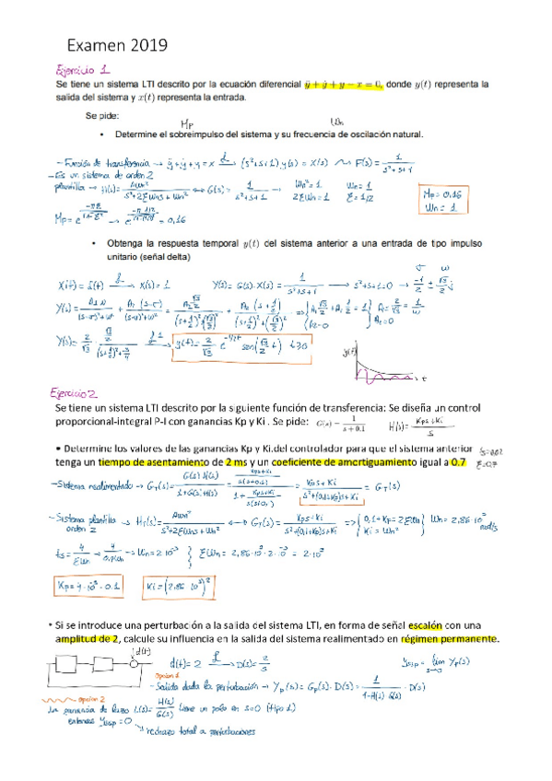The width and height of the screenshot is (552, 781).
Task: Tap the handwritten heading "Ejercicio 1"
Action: click(84, 68)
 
